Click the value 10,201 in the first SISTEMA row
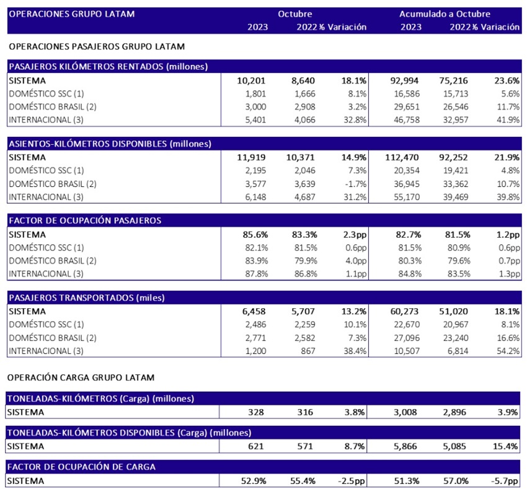pyautogui.click(x=251, y=80)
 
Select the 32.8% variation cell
pyautogui.click(x=355, y=120)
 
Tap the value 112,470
pyautogui.click(x=402, y=157)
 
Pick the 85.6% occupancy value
pyautogui.click(x=255, y=235)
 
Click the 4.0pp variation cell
pyautogui.click(x=356, y=261)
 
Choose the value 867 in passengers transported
pyautogui.click(x=308, y=351)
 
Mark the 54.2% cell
pyautogui.click(x=508, y=351)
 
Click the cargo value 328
pyautogui.click(x=256, y=412)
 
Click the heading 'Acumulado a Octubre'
pyautogui.click(x=445, y=14)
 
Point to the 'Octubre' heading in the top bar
pyautogui.click(x=294, y=14)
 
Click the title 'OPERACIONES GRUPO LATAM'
pyautogui.click(x=71, y=14)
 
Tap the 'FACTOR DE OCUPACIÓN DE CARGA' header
pyautogui.click(x=81, y=467)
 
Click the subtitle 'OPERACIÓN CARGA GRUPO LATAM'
pyautogui.click(x=81, y=378)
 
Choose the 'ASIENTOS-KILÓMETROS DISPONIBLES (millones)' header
pyautogui.click(x=110, y=144)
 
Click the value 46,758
pyautogui.click(x=407, y=120)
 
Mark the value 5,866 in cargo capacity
pyautogui.click(x=405, y=446)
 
